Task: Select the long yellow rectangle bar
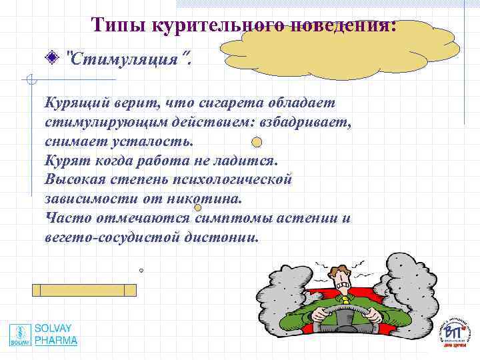click(84, 290)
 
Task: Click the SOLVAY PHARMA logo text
click(56, 335)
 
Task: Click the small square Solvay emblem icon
click(20, 335)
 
